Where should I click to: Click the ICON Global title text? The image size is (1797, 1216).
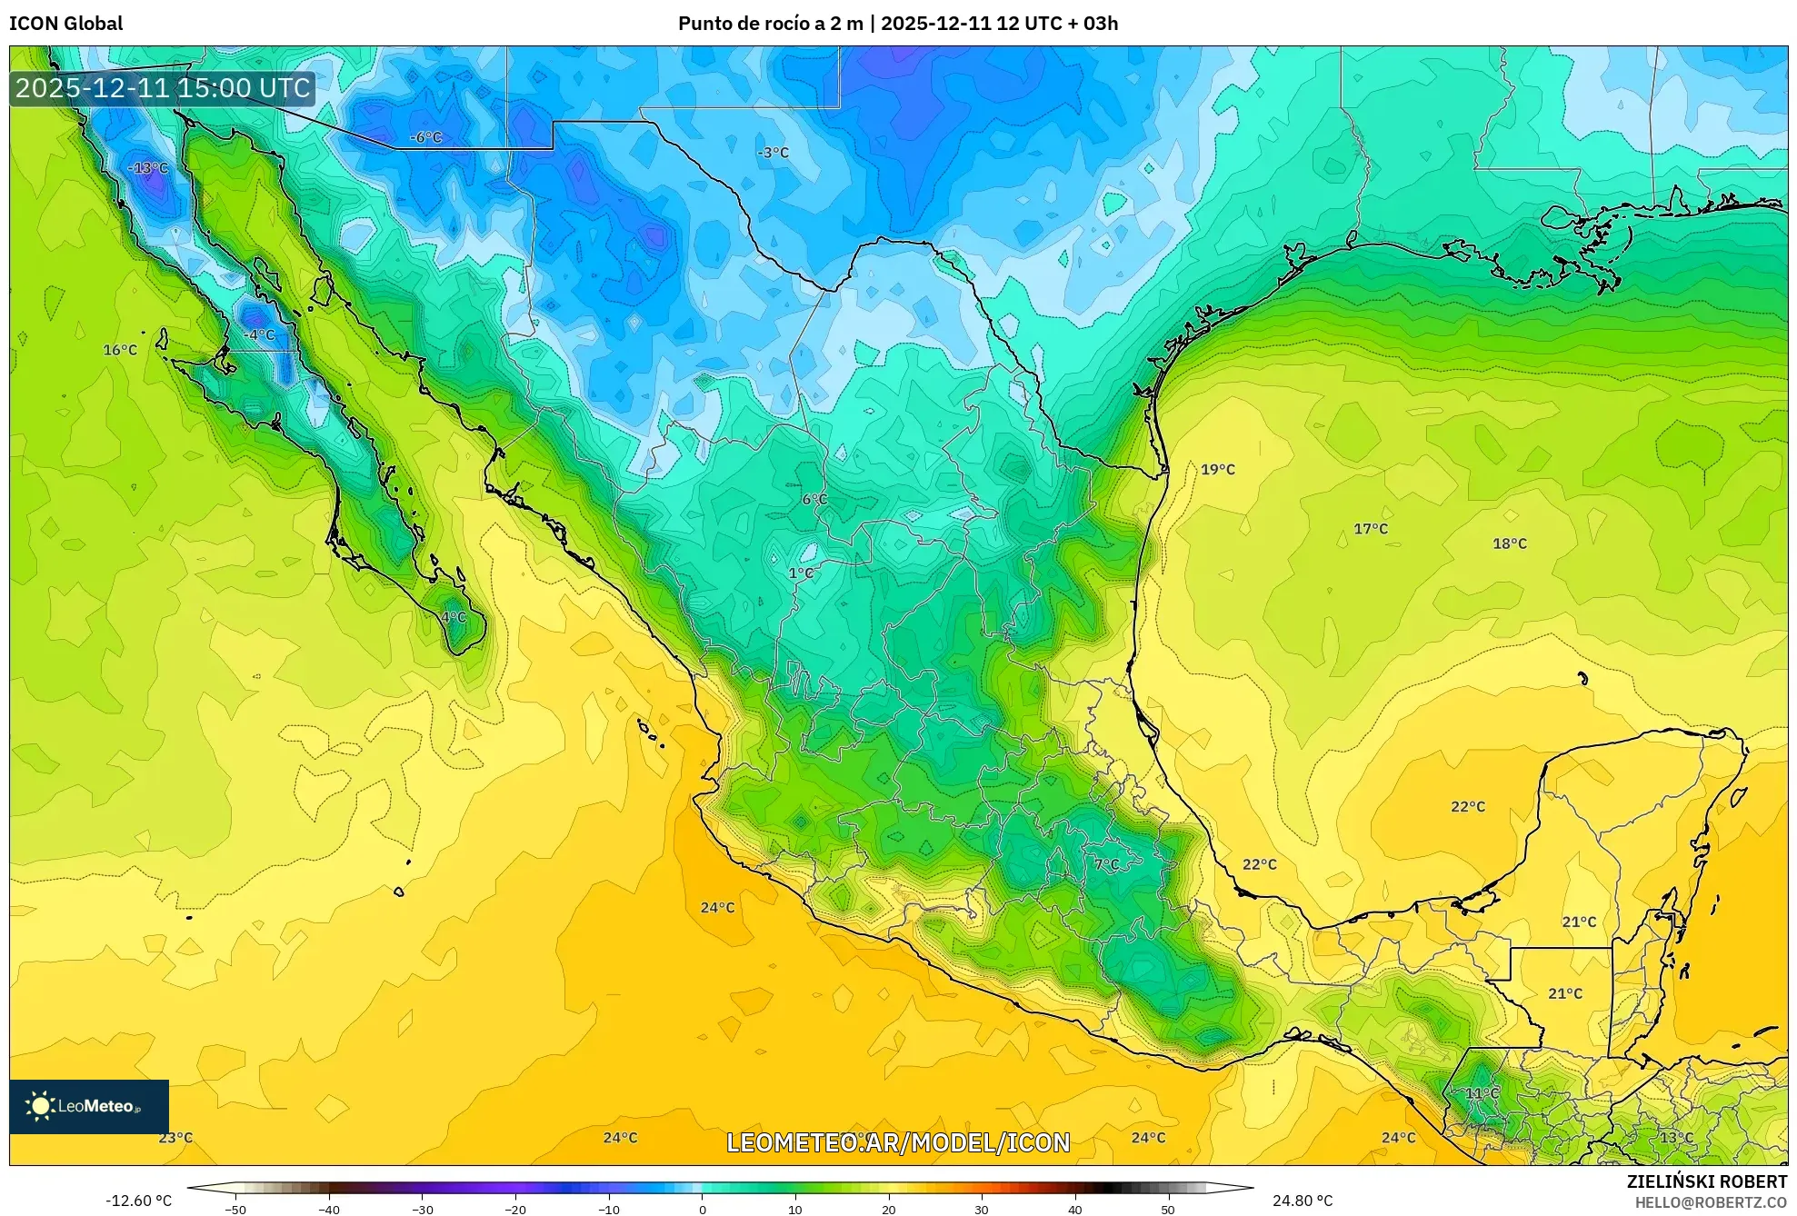click(65, 24)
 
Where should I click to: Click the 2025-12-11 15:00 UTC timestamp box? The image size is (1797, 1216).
click(163, 88)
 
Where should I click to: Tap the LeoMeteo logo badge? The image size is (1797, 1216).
click(88, 1106)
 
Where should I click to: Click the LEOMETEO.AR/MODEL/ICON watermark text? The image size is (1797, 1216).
click(898, 1142)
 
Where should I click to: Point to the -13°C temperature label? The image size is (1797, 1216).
click(147, 168)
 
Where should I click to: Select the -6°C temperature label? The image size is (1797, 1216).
click(425, 137)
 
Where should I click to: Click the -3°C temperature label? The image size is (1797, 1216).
click(773, 153)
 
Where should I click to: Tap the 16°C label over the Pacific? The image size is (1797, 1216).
click(120, 350)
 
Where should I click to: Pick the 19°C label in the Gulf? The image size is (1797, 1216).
click(1217, 470)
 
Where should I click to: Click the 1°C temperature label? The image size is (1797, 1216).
click(801, 573)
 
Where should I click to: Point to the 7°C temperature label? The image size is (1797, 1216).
click(1106, 864)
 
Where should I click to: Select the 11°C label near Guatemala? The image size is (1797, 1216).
click(1482, 1093)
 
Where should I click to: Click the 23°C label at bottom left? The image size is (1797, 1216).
click(175, 1138)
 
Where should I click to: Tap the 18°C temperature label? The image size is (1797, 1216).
click(1509, 543)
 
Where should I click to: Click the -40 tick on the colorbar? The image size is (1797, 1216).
click(329, 1209)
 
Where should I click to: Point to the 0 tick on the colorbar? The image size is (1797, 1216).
click(702, 1209)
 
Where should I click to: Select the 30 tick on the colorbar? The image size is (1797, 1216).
click(981, 1209)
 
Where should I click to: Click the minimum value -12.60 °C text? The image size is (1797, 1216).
click(138, 1201)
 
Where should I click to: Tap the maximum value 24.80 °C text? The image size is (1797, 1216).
click(1302, 1201)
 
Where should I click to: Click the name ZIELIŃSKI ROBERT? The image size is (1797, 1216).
click(1706, 1181)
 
